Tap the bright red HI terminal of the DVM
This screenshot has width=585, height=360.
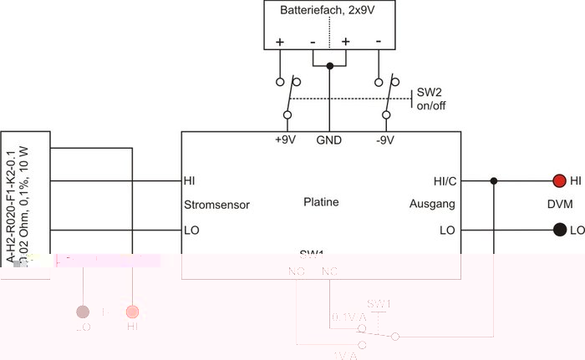tap(558, 180)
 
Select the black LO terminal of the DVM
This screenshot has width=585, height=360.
tap(558, 230)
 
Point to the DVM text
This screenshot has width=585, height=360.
tap(558, 205)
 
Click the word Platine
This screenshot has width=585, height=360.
tap(321, 201)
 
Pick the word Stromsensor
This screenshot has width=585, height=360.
tap(216, 204)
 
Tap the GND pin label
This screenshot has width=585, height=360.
tap(328, 140)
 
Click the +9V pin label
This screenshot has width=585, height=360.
tap(285, 140)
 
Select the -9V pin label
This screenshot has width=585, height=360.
tap(386, 140)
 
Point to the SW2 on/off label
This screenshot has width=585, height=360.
tap(431, 99)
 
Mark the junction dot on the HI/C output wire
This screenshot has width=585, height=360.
tap(495, 180)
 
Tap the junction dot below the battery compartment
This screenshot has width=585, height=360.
tap(330, 66)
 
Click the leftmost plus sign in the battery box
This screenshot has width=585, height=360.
tap(279, 41)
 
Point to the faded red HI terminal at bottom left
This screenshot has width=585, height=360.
tap(132, 312)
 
